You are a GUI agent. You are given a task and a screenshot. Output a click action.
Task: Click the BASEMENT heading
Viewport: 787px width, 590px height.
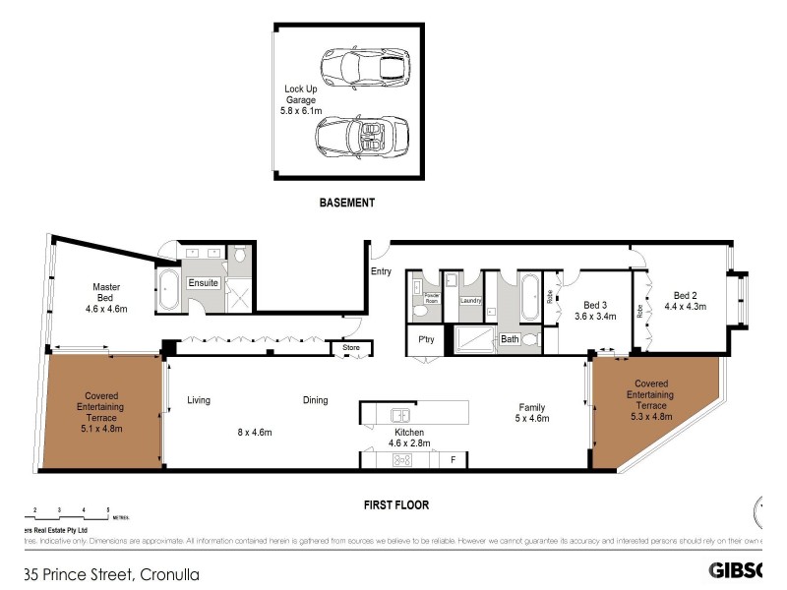click(347, 204)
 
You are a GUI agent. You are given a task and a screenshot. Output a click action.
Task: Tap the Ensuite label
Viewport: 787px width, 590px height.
click(204, 283)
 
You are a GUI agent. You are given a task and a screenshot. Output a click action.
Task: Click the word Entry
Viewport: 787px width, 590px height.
click(381, 270)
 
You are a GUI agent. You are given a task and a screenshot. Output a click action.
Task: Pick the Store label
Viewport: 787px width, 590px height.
click(351, 347)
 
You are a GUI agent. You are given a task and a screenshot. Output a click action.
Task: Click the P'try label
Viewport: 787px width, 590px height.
click(426, 341)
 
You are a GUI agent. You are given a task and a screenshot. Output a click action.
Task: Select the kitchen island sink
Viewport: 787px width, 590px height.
click(399, 414)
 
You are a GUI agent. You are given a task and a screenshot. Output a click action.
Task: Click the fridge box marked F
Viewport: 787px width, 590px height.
click(452, 459)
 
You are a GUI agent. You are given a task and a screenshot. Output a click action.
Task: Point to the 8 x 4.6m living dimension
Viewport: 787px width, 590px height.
click(254, 432)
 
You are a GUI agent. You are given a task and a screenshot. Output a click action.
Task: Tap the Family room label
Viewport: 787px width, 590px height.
click(532, 412)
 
